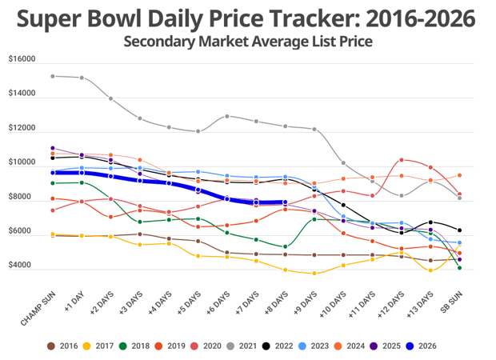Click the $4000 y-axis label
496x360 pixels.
pyautogui.click(x=22, y=266)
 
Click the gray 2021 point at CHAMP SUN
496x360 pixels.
pyautogui.click(x=52, y=76)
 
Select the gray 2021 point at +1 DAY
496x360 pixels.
pyautogui.click(x=82, y=78)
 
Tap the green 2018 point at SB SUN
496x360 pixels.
pyautogui.click(x=459, y=268)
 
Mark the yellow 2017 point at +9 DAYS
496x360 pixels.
pyautogui.click(x=314, y=274)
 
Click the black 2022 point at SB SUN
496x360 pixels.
pyautogui.click(x=459, y=230)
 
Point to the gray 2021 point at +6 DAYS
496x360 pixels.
pyautogui.click(x=227, y=116)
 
